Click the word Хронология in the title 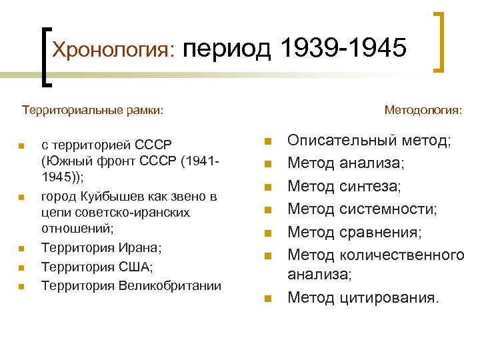click(113, 50)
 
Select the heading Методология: click(423, 108)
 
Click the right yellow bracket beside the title click(441, 41)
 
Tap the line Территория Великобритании click(131, 286)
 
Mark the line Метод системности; click(362, 209)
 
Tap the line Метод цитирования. click(363, 297)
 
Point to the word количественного click(402, 255)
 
